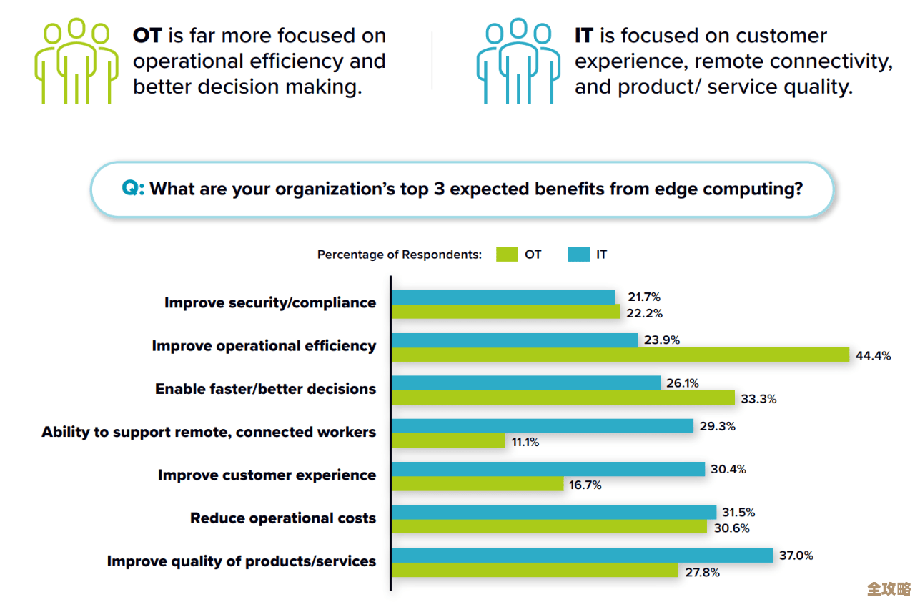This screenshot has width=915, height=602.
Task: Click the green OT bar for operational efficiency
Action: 620,355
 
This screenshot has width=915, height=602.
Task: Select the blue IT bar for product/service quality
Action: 582,556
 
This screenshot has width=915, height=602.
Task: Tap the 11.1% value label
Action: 525,443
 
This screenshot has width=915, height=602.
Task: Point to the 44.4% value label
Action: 874,356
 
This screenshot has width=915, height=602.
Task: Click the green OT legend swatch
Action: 506,255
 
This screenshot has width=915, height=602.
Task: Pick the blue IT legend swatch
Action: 578,255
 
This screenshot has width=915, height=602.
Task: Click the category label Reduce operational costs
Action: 283,518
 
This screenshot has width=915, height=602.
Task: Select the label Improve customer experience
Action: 267,475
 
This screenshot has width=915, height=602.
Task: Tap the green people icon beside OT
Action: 76,61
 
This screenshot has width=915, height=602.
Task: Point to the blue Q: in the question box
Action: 133,189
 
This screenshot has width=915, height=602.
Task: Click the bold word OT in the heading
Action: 148,36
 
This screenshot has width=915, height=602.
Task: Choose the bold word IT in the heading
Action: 584,36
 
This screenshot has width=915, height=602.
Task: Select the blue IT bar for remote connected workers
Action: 543,426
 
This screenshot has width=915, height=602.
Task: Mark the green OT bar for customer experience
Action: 478,485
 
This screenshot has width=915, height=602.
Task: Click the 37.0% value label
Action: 796,556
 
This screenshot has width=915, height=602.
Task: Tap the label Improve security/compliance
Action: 270,303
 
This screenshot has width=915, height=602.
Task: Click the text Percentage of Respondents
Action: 400,255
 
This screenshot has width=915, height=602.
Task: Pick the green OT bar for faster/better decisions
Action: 563,398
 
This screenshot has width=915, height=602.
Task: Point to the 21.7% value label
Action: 644,297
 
